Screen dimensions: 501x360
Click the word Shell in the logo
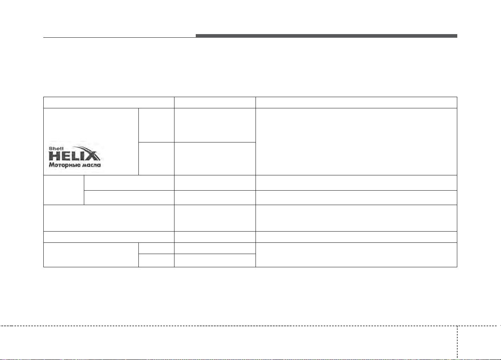56,148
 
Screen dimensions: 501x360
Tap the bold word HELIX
74,156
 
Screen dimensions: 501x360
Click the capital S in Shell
51,148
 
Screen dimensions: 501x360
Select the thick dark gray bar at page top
327,36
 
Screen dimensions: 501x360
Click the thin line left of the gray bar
120,37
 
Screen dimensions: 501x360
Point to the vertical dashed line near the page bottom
457,343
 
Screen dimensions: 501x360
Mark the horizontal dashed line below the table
250,326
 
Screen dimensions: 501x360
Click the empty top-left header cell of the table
109,102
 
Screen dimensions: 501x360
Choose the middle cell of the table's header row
215,102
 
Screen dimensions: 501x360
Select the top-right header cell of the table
356,102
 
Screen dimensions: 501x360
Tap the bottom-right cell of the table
356,255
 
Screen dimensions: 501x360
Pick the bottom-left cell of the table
91,255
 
